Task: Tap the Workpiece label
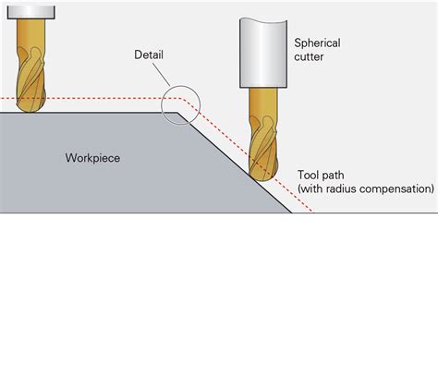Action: (x=92, y=157)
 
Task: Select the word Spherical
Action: (x=317, y=42)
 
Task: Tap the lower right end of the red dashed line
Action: (x=312, y=212)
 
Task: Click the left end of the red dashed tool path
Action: (x=3, y=98)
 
